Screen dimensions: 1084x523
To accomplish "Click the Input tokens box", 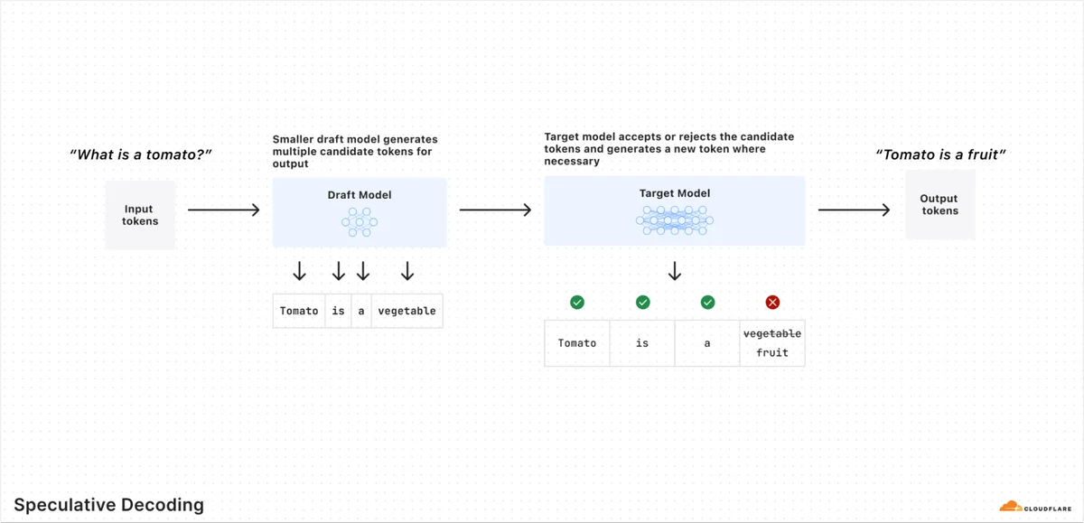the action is [x=140, y=215].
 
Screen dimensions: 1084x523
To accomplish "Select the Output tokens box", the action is [x=939, y=204].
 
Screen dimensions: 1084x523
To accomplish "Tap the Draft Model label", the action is [x=360, y=195].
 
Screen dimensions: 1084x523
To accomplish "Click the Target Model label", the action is [x=675, y=193].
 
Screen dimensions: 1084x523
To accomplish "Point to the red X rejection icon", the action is [x=772, y=303].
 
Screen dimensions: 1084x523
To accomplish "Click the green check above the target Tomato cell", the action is [x=577, y=303].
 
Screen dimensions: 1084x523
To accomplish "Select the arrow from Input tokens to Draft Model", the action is [x=224, y=210].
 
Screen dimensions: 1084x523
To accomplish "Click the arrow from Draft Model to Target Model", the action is [x=495, y=210].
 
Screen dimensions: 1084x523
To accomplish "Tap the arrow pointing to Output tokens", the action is [x=854, y=210].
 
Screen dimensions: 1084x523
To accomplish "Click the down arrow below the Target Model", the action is [x=675, y=271].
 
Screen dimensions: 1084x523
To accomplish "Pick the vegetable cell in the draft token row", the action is [x=407, y=311].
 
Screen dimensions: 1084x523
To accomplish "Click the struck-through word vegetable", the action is [x=771, y=333].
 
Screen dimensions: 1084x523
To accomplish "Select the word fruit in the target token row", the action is [x=771, y=352].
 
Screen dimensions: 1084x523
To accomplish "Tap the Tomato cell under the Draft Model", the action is [x=299, y=311].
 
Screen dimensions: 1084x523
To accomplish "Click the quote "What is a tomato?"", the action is [x=140, y=154].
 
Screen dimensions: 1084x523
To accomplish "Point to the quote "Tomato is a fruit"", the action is [x=940, y=154].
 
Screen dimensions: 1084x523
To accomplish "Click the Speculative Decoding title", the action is [x=109, y=505].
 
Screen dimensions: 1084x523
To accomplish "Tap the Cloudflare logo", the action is [x=1035, y=507].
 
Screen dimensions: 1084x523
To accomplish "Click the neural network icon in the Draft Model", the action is [x=360, y=222].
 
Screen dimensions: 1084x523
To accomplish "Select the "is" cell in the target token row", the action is [x=642, y=343].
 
